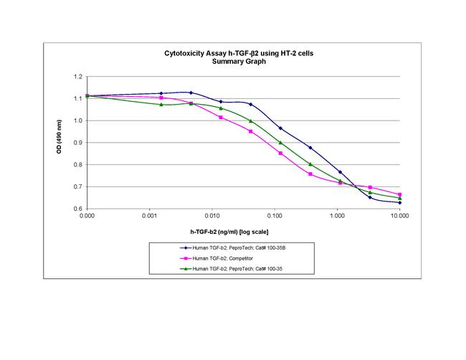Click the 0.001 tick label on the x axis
[149, 215]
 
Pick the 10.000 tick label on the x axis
[399, 215]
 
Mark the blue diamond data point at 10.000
[399, 203]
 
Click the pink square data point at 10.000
[399, 194]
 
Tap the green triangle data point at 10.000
[399, 198]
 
